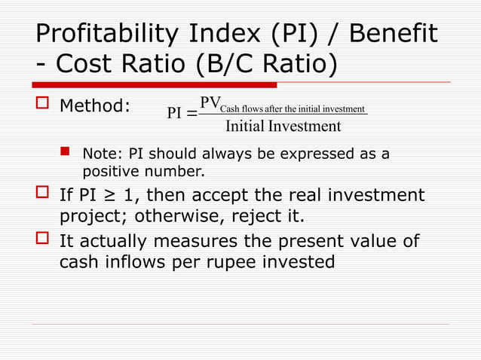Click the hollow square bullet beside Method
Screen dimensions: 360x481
pyautogui.click(x=41, y=105)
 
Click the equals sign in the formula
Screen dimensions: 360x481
pyautogui.click(x=191, y=114)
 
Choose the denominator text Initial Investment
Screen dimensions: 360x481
pyautogui.click(x=283, y=126)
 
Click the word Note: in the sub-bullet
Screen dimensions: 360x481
pyautogui.click(x=102, y=154)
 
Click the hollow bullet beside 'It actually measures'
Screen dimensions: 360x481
pyautogui.click(x=41, y=242)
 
